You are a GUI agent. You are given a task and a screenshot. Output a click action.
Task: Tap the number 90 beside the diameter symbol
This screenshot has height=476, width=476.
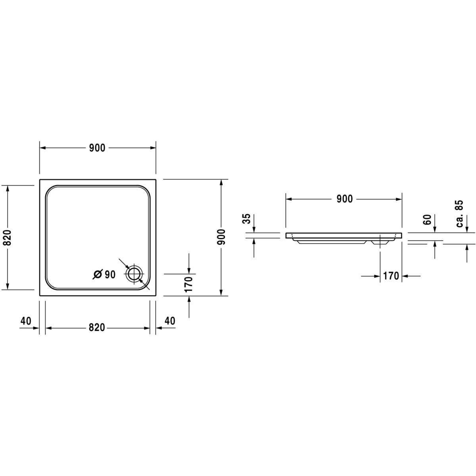(x=110, y=274)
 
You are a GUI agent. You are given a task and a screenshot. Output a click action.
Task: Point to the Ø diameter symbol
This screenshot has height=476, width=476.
(x=97, y=274)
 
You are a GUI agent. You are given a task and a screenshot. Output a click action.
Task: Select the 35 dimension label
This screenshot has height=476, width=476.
(x=247, y=219)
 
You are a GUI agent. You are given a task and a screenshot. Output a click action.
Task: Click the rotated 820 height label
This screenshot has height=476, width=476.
(x=8, y=238)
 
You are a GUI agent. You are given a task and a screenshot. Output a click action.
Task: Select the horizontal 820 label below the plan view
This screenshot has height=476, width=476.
(x=97, y=328)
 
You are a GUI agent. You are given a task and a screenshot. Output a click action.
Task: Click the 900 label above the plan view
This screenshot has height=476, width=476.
(x=97, y=148)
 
